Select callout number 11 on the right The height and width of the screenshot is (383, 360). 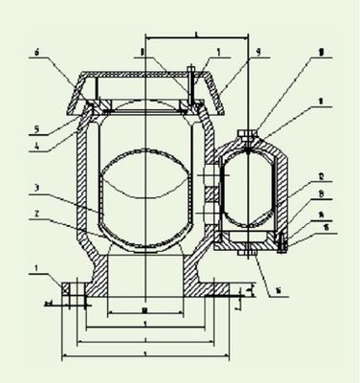[x=295, y=124]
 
